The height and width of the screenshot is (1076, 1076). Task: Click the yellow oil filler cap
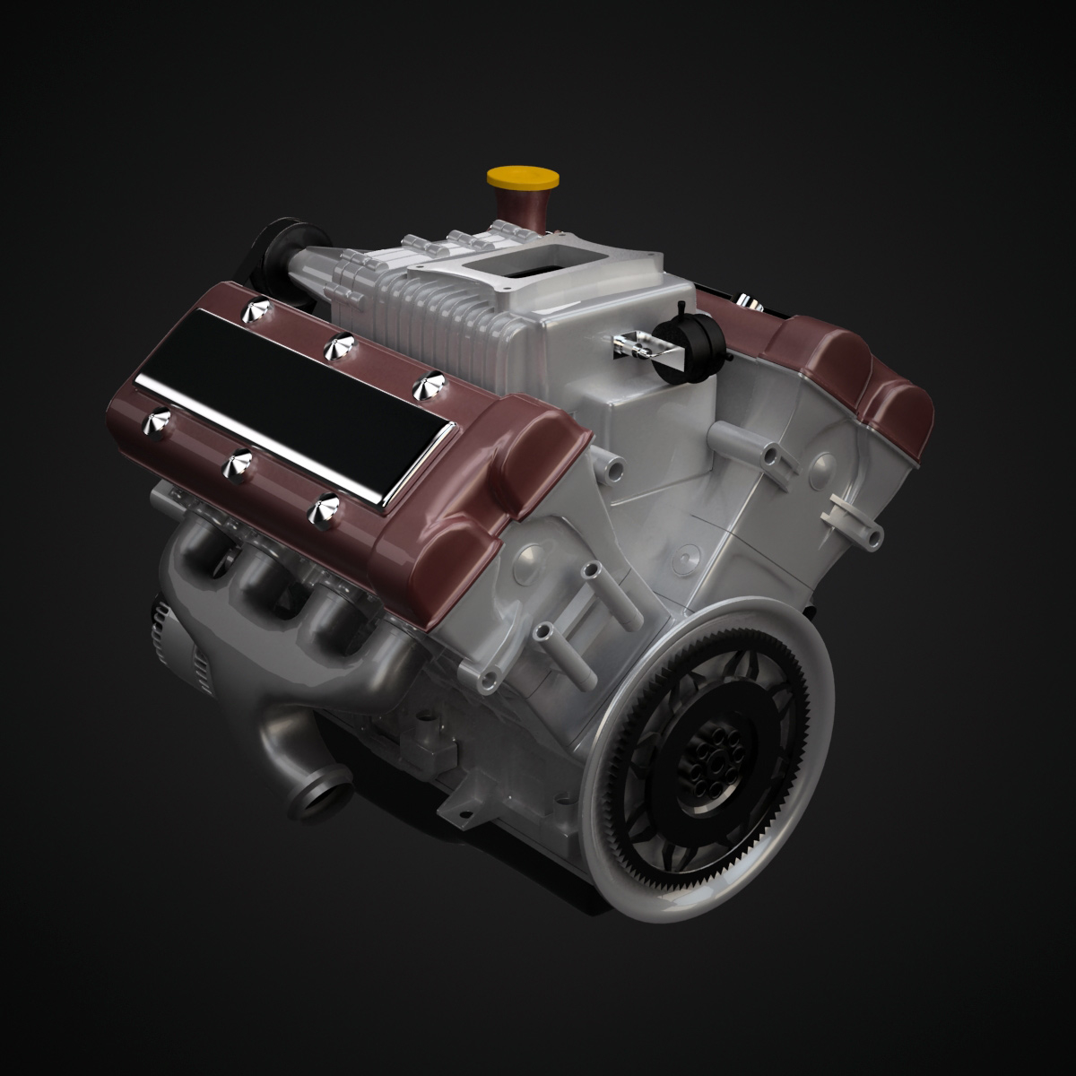pyautogui.click(x=519, y=178)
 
